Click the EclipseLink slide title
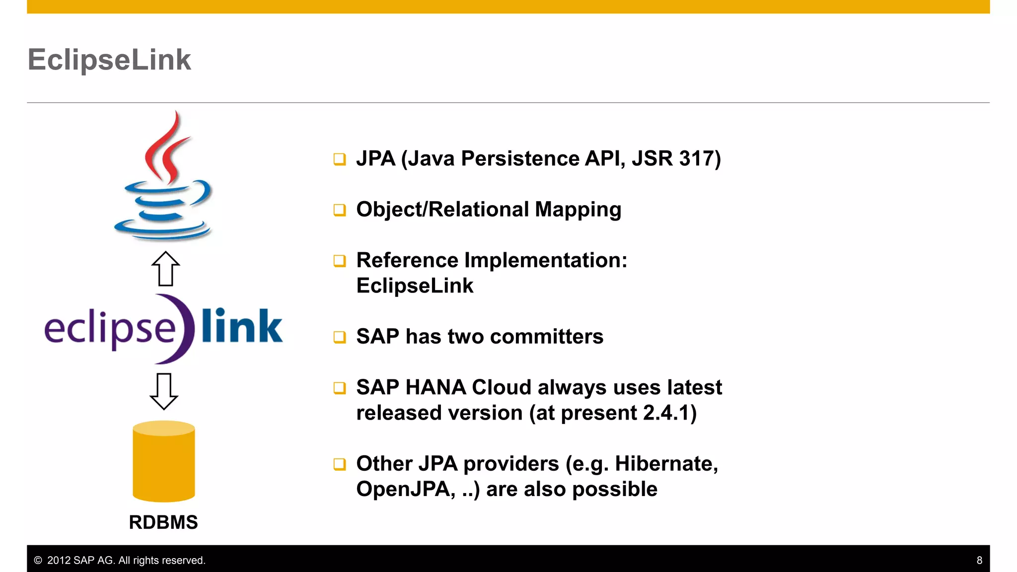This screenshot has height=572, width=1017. [x=109, y=60]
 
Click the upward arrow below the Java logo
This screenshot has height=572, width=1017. [x=165, y=269]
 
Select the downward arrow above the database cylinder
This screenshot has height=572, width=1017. [x=164, y=391]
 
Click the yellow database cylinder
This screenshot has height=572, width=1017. [x=164, y=462]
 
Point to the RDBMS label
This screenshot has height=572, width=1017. [x=163, y=522]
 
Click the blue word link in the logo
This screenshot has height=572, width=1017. [x=242, y=326]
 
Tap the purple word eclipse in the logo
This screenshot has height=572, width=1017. [x=110, y=329]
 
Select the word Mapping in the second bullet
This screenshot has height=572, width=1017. [x=578, y=210]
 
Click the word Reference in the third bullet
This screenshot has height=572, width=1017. [x=407, y=260]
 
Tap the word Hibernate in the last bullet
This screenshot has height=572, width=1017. [x=665, y=464]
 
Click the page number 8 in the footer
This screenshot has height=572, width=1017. [x=979, y=561]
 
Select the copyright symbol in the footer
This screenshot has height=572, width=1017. [x=38, y=561]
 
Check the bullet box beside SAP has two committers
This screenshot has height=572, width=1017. [x=340, y=337]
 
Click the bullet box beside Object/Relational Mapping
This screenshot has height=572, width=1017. [x=340, y=210]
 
